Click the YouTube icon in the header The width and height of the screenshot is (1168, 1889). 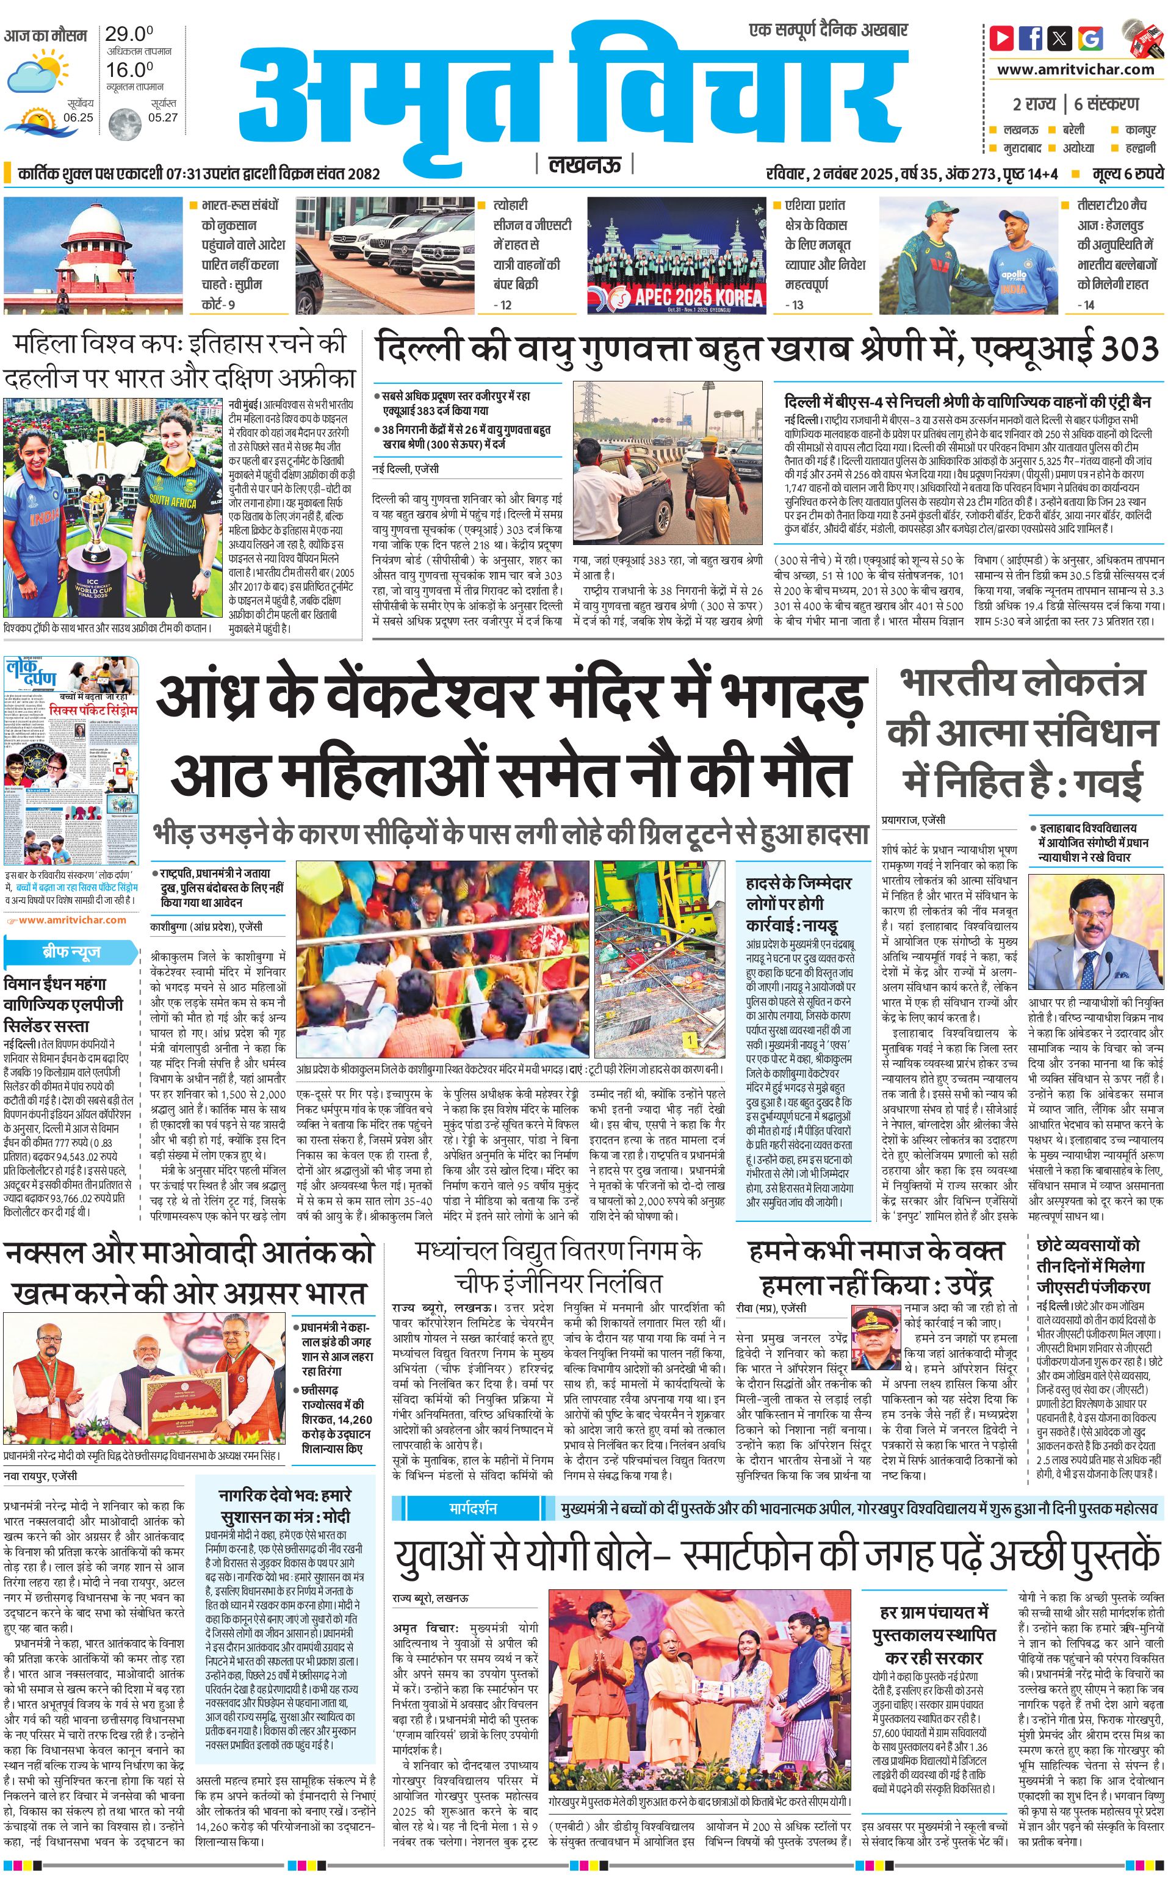(x=1002, y=37)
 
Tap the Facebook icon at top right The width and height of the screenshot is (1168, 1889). (x=1031, y=37)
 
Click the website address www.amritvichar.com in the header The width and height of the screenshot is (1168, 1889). (x=1075, y=70)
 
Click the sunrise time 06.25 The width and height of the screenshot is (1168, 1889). (x=78, y=117)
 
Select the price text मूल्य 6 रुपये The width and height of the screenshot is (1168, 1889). (x=1127, y=173)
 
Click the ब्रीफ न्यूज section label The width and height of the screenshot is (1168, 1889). (x=71, y=952)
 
